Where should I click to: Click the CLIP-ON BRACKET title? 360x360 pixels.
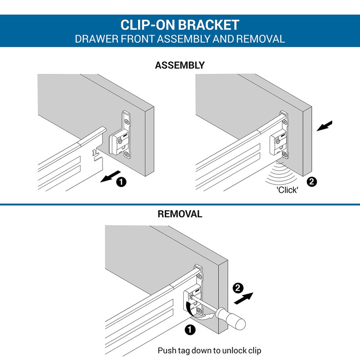click(x=180, y=25)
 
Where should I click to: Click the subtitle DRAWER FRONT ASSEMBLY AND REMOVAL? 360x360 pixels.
click(x=180, y=39)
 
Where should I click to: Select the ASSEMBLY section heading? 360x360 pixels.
click(x=180, y=65)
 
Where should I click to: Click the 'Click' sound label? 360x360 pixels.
click(x=288, y=190)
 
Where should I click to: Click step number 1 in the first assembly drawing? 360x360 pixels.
click(x=121, y=182)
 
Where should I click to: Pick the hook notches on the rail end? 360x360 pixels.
click(x=94, y=154)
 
